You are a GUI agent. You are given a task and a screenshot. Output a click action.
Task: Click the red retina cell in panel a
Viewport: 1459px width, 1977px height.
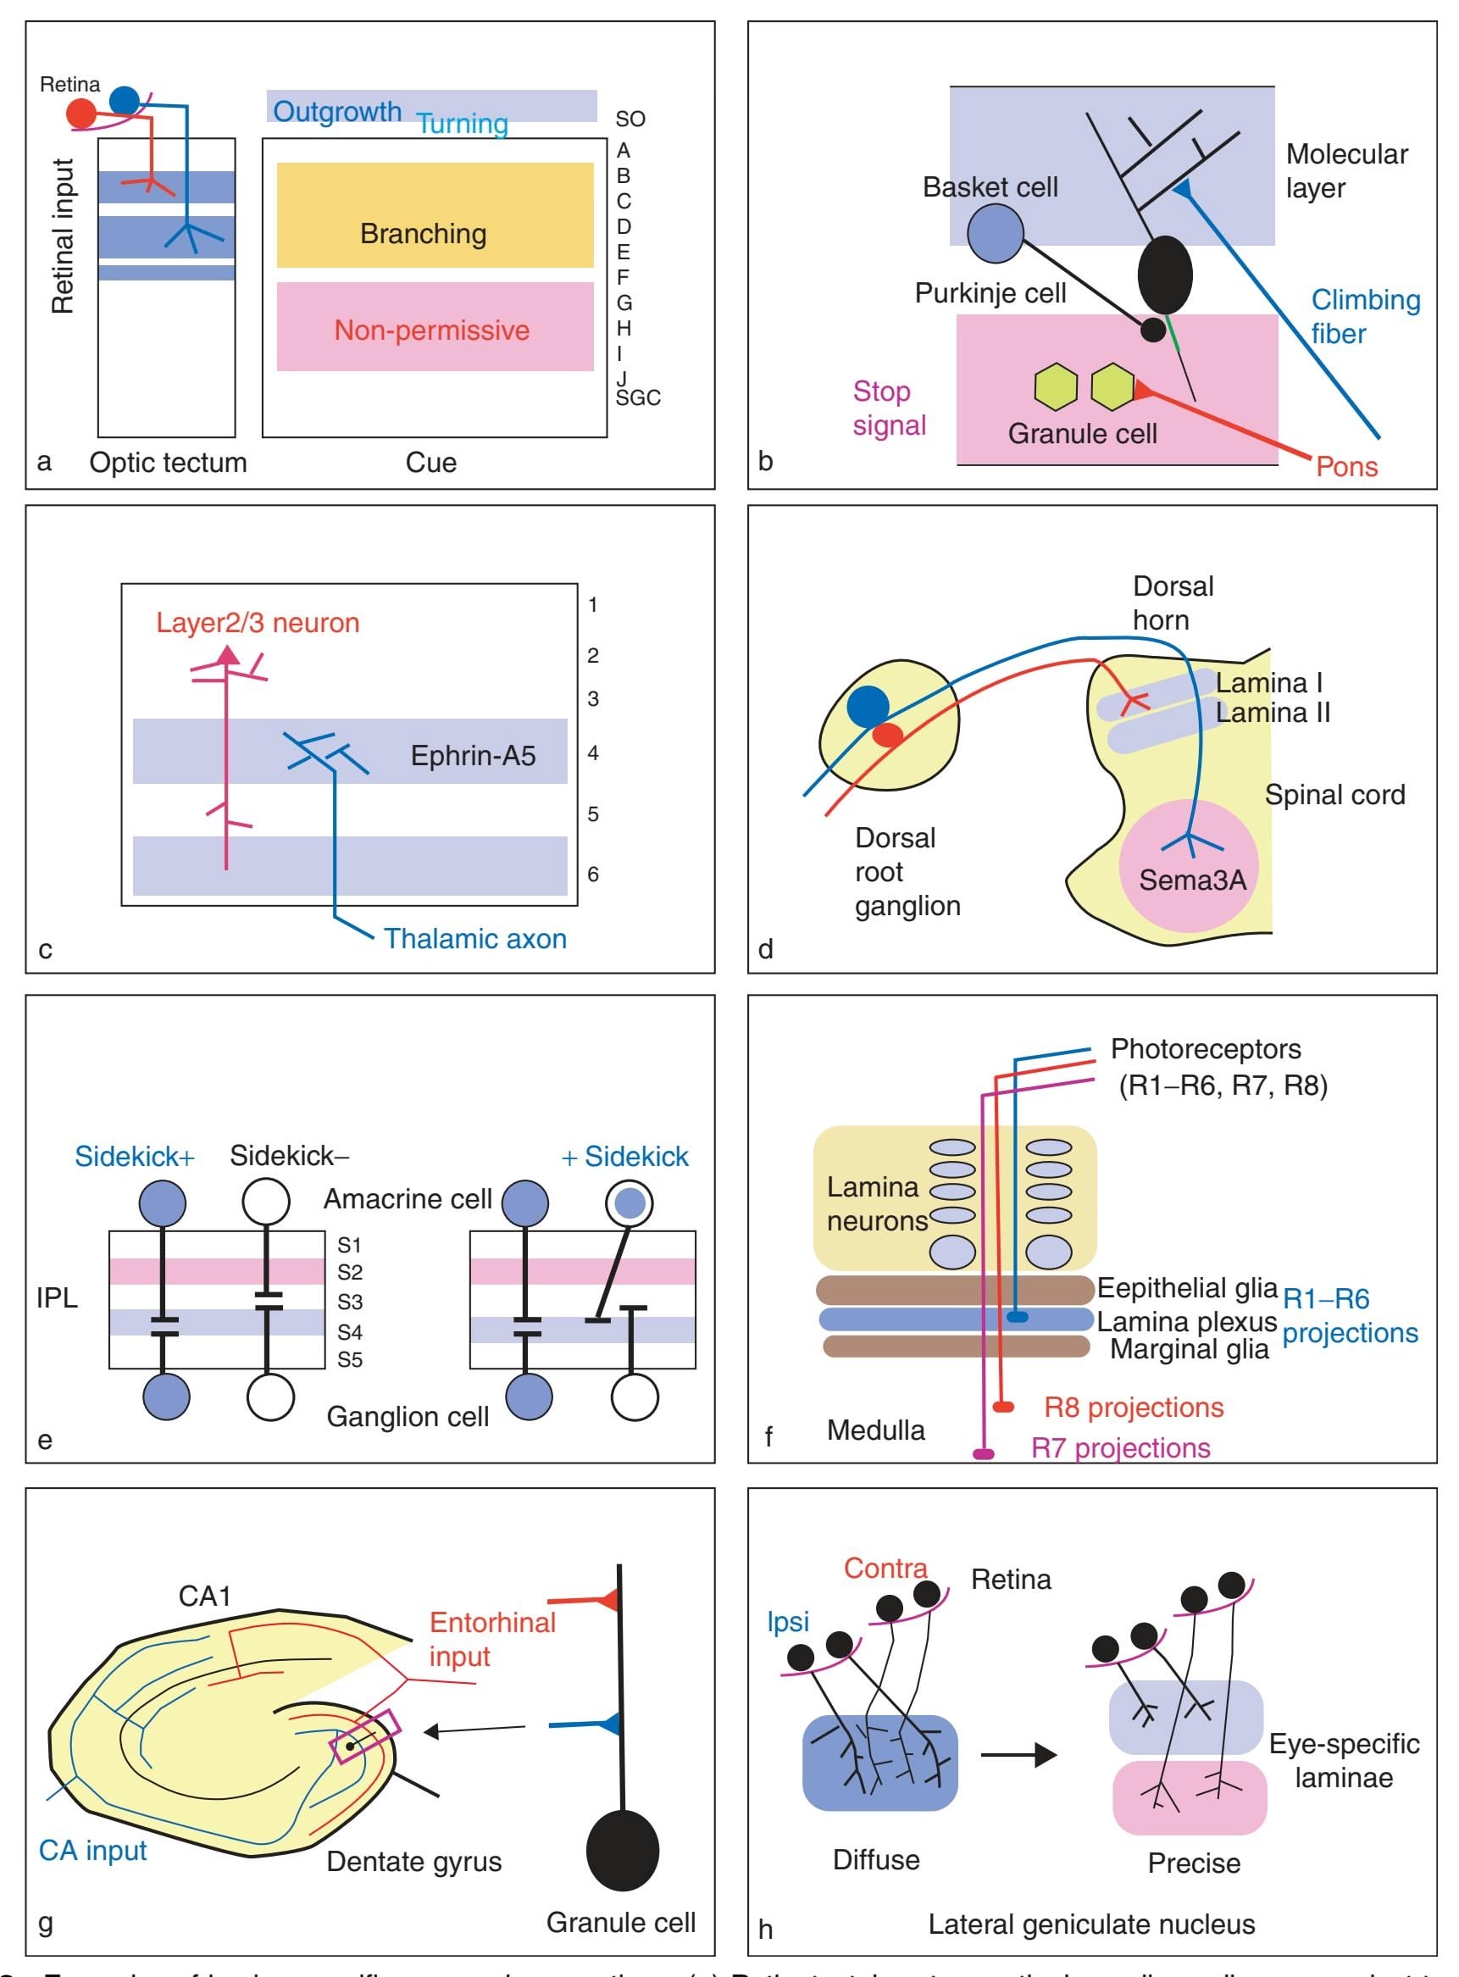coord(81,114)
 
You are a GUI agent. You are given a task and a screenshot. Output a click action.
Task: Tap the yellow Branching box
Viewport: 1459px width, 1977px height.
coord(435,214)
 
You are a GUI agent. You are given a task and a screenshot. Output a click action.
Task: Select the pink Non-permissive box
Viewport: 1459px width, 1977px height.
coord(435,326)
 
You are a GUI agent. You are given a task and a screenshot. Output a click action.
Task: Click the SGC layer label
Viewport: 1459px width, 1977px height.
coord(638,398)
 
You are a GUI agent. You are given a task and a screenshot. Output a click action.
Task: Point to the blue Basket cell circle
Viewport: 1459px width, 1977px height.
coord(996,233)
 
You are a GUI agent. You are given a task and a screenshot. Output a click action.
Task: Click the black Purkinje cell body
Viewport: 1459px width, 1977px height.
coord(1165,275)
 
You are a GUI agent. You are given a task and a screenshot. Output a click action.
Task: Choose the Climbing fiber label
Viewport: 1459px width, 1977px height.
coord(1364,316)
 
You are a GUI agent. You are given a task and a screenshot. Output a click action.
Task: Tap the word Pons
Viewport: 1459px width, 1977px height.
coord(1346,466)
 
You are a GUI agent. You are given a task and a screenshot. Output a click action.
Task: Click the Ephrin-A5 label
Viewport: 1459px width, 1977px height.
coord(473,756)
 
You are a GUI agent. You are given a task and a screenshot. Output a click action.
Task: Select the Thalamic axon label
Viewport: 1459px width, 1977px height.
coord(475,938)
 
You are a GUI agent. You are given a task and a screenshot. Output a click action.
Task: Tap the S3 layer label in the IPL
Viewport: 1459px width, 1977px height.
coord(350,1302)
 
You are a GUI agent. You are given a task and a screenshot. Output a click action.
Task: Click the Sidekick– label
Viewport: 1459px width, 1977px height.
coord(289,1156)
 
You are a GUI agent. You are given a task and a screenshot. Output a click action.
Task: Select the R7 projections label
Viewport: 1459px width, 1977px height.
coord(1120,1448)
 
